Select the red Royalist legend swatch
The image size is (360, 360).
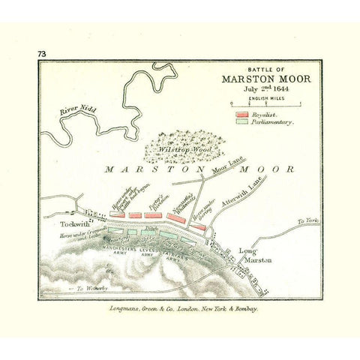point(241,114)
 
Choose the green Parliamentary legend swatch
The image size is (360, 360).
point(241,121)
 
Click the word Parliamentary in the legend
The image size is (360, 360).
point(272,121)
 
